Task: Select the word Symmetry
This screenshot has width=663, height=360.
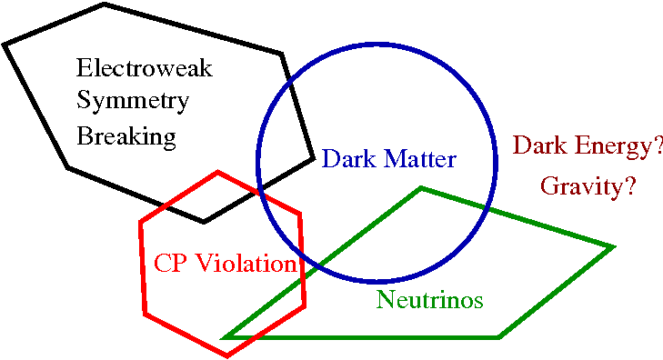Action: pyautogui.click(x=133, y=102)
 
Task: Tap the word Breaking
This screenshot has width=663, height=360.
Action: pyautogui.click(x=126, y=136)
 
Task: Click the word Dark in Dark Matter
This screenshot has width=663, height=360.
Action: pyautogui.click(x=343, y=160)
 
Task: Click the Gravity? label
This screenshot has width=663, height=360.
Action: pyautogui.click(x=588, y=186)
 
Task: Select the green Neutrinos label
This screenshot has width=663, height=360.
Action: pyautogui.click(x=429, y=300)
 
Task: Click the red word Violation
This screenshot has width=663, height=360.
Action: pyautogui.click(x=246, y=264)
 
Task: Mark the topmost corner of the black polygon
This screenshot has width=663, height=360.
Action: pyautogui.click(x=105, y=5)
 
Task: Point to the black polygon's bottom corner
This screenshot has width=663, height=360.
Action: pyautogui.click(x=204, y=221)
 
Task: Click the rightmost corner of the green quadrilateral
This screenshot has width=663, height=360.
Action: pyautogui.click(x=613, y=246)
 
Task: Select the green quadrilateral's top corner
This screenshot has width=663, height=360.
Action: pyautogui.click(x=421, y=188)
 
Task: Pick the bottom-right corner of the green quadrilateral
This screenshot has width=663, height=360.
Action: pyautogui.click(x=498, y=337)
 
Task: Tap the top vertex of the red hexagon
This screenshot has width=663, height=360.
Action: pyautogui.click(x=217, y=172)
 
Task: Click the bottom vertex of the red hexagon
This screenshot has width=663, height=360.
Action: pyautogui.click(x=227, y=355)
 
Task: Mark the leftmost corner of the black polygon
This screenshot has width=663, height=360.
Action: pyautogui.click(x=5, y=45)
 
